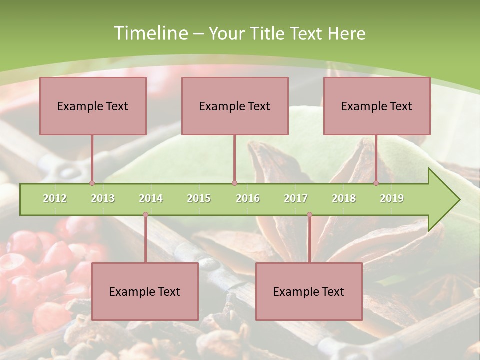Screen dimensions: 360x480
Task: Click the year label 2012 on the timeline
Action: pos(55,198)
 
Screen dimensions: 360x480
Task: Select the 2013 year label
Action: pos(103,198)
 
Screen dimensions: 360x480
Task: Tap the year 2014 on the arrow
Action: pos(151,198)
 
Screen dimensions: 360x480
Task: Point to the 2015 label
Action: pos(199,198)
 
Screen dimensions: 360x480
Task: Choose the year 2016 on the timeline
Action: pos(248,198)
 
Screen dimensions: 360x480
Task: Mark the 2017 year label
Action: pos(296,198)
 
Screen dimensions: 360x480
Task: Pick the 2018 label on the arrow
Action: pos(344,198)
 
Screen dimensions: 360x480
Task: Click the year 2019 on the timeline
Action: pos(392,198)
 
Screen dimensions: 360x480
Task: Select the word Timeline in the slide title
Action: pos(150,33)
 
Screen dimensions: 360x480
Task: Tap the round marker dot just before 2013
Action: pos(92,183)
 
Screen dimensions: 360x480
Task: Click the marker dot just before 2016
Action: pos(234,183)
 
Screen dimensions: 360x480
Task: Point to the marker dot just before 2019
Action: pos(376,183)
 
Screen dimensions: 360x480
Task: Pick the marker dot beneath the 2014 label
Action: pos(145,215)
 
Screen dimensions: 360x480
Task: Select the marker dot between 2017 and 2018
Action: pos(309,215)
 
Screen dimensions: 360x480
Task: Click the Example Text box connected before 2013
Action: pos(93,106)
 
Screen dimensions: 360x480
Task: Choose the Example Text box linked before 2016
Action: pos(235,106)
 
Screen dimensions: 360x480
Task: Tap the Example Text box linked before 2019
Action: pos(377,106)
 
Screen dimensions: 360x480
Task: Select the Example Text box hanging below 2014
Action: pos(145,291)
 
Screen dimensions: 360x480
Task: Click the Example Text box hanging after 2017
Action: pos(309,291)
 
